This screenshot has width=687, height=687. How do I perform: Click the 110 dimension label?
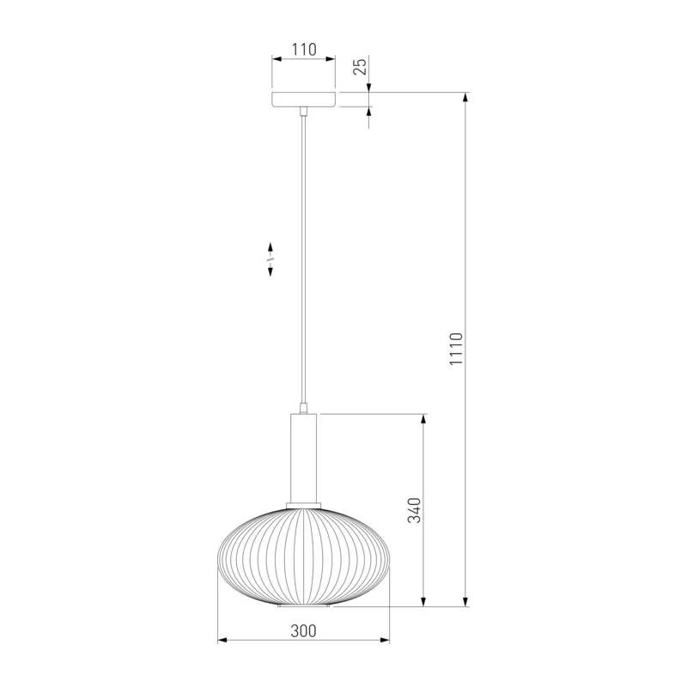[304, 50]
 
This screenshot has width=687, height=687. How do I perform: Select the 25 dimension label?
[360, 67]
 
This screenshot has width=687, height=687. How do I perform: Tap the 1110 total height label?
[456, 349]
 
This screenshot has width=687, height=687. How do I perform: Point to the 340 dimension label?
[414, 510]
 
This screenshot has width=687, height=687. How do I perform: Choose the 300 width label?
[303, 631]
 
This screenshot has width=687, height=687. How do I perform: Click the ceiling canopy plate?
[304, 100]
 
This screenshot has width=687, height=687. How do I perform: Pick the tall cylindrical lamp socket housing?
[303, 458]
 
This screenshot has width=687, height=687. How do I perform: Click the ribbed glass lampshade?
[304, 557]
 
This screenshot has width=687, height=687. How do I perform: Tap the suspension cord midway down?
[303, 258]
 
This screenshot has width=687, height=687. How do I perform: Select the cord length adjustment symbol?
[271, 259]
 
